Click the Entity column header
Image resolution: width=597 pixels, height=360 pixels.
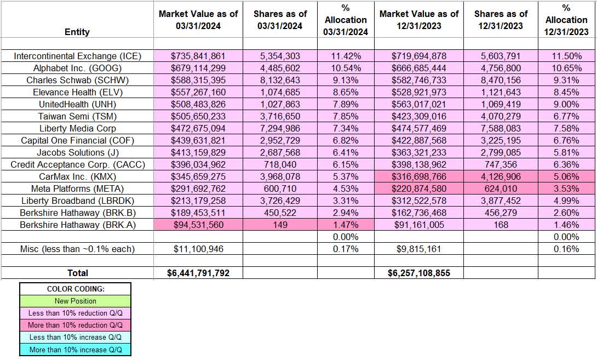click(77, 32)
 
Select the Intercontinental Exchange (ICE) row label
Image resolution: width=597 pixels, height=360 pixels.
click(77, 56)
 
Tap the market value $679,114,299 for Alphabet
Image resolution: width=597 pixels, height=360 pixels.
click(198, 68)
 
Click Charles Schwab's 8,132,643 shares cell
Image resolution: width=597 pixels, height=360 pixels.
click(280, 80)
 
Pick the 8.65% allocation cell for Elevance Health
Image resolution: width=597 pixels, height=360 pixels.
click(346, 92)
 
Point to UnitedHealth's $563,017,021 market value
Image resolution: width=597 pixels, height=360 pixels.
click(419, 104)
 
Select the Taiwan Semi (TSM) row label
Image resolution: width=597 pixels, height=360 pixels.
click(77, 116)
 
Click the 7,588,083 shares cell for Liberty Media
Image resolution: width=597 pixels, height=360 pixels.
click(501, 128)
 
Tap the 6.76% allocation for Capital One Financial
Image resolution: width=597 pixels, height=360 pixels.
click(566, 140)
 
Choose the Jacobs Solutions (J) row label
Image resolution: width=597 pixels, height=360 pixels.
click(77, 152)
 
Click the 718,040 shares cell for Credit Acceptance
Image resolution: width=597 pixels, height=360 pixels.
click(280, 164)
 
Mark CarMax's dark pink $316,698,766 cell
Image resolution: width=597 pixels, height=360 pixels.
click(419, 176)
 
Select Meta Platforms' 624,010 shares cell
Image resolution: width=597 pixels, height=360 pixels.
click(501, 188)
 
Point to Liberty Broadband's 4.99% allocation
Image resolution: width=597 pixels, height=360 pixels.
click(566, 201)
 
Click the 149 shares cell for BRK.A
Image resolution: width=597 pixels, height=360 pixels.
click(280, 225)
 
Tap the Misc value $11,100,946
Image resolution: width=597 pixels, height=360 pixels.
click(198, 249)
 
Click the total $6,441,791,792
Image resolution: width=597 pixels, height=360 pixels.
click(198, 272)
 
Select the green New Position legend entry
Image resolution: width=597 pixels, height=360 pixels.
click(76, 301)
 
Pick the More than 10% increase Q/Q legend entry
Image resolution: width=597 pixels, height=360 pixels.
click(76, 350)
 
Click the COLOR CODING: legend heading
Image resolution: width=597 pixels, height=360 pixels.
click(76, 289)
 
